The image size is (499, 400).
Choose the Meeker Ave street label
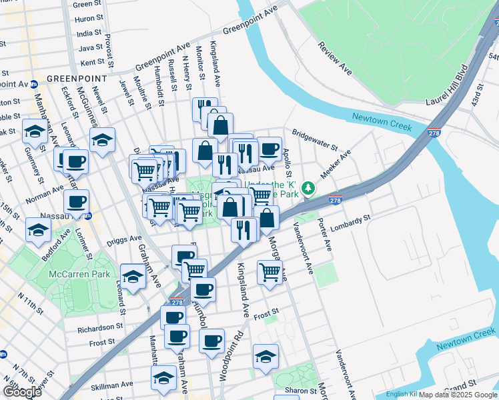(337, 164)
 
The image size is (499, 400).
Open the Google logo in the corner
(21, 392)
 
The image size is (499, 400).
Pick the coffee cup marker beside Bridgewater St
(270, 149)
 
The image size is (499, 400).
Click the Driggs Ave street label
(126, 238)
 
